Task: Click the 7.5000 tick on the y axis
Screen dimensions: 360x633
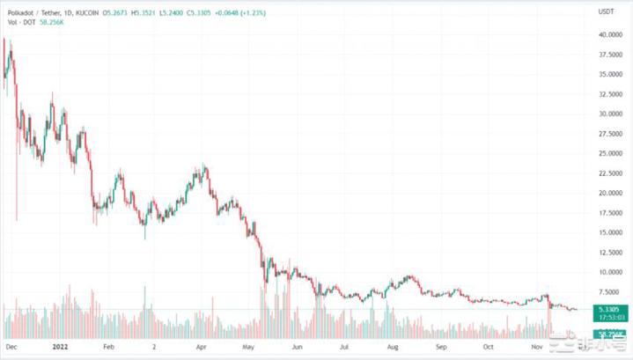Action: [608, 292]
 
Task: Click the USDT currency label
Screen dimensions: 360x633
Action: [605, 11]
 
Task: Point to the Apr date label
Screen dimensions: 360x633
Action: [201, 347]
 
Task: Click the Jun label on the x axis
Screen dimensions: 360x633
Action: [297, 347]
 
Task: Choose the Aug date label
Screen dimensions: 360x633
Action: [393, 347]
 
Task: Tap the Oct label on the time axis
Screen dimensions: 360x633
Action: [489, 347]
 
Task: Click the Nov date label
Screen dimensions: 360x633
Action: [539, 347]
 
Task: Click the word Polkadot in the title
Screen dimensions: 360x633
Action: [22, 11]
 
